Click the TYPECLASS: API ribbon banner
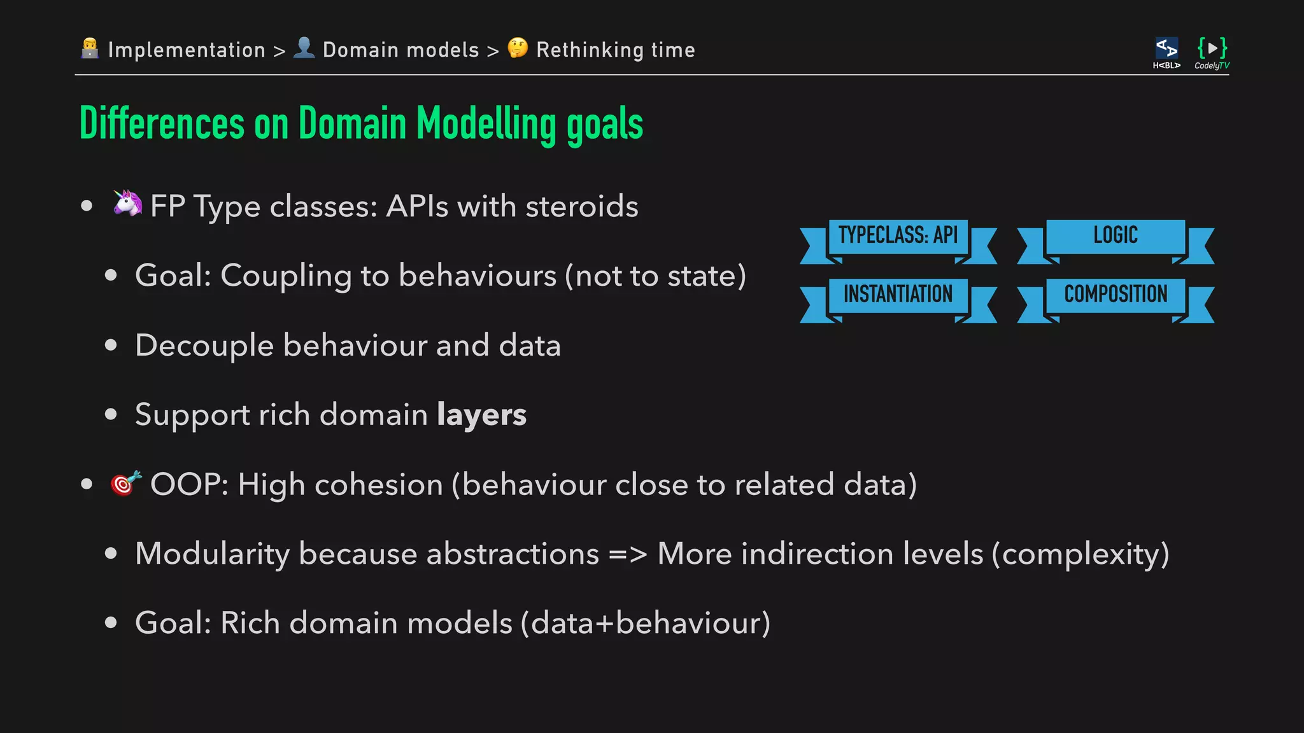coord(898,236)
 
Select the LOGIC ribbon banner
coord(1116,236)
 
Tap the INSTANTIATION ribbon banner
coord(898,295)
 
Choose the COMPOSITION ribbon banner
coord(1116,295)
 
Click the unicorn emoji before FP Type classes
coord(127,204)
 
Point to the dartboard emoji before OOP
coord(125,483)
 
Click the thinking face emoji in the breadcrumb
coord(518,48)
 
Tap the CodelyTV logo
coord(1212,53)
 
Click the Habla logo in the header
coord(1166,53)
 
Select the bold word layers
coord(481,415)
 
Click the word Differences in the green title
coord(162,123)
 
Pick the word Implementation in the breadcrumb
coord(187,50)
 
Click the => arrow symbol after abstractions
coord(628,554)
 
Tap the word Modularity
coord(213,554)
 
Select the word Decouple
coord(204,346)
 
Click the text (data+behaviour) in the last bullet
coord(646,623)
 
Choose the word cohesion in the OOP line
coord(378,485)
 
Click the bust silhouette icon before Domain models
coord(304,48)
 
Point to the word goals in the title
coord(604,125)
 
